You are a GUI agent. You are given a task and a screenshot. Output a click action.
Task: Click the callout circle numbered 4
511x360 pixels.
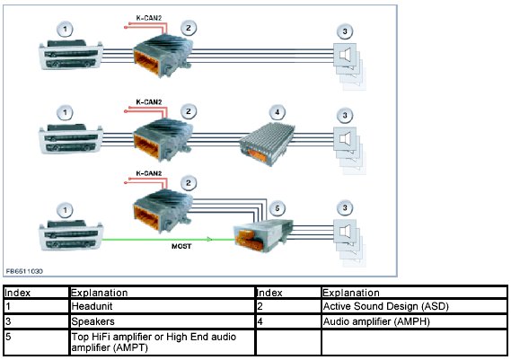click(x=277, y=112)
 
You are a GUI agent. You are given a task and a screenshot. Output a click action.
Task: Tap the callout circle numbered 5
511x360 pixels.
click(x=277, y=208)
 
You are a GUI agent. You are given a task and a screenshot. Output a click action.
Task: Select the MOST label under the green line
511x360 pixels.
click(x=181, y=246)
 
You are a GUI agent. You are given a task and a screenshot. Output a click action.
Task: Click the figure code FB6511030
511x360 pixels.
click(x=24, y=271)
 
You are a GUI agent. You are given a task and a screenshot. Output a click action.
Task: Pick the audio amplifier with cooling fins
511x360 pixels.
click(x=268, y=144)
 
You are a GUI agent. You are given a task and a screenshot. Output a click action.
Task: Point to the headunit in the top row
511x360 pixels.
click(x=71, y=55)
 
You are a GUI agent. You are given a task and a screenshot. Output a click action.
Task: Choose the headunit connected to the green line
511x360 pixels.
click(x=71, y=235)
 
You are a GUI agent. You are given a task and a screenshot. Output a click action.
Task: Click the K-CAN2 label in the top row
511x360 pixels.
click(x=149, y=18)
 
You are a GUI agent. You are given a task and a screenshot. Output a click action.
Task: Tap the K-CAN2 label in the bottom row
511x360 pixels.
click(x=149, y=173)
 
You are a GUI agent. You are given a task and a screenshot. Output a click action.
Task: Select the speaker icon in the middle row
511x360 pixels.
click(x=345, y=139)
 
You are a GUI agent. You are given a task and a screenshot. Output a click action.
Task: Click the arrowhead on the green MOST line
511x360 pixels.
click(x=209, y=240)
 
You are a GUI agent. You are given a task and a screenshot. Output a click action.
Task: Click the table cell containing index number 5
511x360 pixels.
click(x=37, y=342)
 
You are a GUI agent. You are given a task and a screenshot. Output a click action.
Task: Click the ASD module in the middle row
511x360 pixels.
click(x=163, y=139)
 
